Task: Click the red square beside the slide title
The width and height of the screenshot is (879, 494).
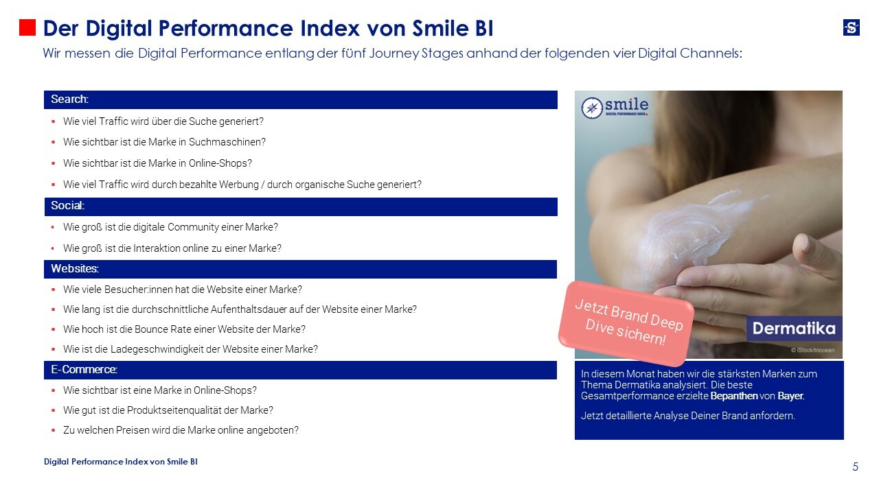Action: point(27,27)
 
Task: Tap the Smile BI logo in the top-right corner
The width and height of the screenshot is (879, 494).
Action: point(851,27)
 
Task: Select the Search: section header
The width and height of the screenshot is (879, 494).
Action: point(69,99)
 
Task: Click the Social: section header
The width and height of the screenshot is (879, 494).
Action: point(67,206)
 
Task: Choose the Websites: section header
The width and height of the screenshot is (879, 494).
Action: point(75,268)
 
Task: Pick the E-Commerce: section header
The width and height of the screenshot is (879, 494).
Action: point(84,370)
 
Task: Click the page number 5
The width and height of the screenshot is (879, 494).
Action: point(855,467)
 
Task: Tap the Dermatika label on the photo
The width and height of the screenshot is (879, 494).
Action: point(793,329)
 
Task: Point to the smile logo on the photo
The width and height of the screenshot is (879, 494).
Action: point(615,107)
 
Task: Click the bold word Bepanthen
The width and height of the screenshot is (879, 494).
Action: point(734,396)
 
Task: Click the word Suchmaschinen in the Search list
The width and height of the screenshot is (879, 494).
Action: point(231,142)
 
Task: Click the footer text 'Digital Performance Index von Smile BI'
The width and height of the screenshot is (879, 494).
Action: point(121,462)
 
